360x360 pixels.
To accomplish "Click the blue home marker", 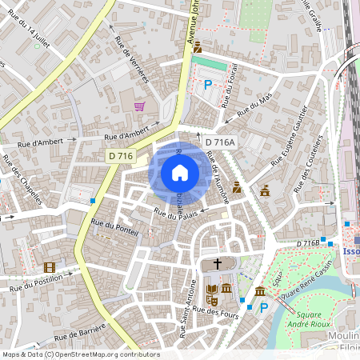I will tap(180, 173).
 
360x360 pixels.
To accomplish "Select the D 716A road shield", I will tap(220, 142).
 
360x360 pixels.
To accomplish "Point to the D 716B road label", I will tap(307, 243).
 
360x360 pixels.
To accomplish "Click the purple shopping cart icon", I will tap(139, 106).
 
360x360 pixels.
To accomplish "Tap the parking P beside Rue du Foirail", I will tap(208, 84).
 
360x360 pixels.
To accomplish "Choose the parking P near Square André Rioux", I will tap(263, 307).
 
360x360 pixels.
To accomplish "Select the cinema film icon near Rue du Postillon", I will tap(50, 267).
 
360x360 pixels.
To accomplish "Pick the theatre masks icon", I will tap(212, 300).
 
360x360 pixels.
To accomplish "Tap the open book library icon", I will tap(212, 288).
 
